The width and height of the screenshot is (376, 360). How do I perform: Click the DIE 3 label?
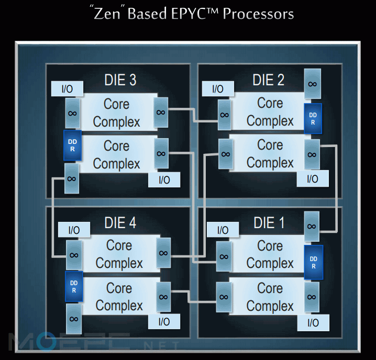pyautogui.click(x=120, y=80)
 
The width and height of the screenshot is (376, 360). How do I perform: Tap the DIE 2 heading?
pyautogui.click(x=269, y=80)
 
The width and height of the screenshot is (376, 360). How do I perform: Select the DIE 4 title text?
pyautogui.click(x=120, y=223)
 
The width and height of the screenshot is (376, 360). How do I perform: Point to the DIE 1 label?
pyautogui.click(x=269, y=223)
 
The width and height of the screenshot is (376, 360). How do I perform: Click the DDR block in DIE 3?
pyautogui.click(x=72, y=145)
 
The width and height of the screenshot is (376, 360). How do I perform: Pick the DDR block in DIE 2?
pyautogui.click(x=313, y=119)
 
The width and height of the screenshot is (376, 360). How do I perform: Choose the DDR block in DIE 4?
pyautogui.click(x=74, y=287)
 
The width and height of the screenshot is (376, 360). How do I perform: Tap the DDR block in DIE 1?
pyautogui.click(x=314, y=263)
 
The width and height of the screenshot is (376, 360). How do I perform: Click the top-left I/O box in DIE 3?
pyautogui.click(x=67, y=89)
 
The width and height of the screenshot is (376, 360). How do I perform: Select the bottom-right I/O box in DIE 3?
pyautogui.click(x=164, y=180)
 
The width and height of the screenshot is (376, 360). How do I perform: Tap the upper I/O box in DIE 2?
pyautogui.click(x=218, y=89)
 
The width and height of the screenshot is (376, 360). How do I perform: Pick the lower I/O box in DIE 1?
pyautogui.click(x=313, y=323)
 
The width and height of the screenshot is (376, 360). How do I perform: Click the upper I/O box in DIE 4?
pyautogui.click(x=74, y=230)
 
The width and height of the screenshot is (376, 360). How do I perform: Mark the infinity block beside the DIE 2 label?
pyautogui.click(x=313, y=84)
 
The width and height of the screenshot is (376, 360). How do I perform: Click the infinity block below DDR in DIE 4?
pyautogui.click(x=74, y=319)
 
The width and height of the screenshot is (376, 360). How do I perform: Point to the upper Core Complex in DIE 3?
pyautogui.click(x=117, y=113)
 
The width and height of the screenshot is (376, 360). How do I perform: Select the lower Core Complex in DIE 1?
pyautogui.click(x=270, y=297)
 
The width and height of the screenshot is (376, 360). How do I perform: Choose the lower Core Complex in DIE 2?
pyautogui.click(x=270, y=153)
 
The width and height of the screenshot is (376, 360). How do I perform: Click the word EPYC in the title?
pyautogui.click(x=189, y=14)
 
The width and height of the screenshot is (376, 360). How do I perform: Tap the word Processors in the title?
pyautogui.click(x=258, y=14)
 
